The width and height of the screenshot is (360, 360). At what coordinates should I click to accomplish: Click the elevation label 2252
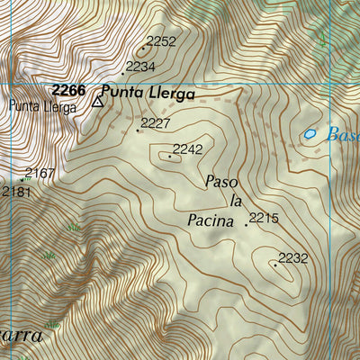click(161, 40)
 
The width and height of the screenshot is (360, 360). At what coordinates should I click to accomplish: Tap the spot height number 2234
click(141, 67)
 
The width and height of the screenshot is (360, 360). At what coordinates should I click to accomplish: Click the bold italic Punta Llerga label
click(147, 92)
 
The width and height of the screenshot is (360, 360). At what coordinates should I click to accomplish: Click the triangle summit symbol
click(97, 103)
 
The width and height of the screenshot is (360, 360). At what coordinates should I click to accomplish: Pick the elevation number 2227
click(157, 123)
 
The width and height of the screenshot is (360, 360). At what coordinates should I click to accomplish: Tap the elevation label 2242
click(188, 148)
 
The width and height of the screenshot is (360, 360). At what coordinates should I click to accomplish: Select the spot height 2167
click(40, 173)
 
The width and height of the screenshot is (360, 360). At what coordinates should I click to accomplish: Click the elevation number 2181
click(15, 191)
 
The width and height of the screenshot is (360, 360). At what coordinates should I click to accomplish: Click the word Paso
click(221, 182)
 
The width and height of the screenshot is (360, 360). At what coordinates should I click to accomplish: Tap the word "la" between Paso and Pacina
click(236, 200)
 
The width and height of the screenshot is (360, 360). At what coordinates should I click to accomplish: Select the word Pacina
click(210, 219)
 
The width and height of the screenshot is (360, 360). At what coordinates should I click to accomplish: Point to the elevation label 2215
click(265, 218)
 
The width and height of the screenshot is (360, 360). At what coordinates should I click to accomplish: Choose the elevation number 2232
click(293, 258)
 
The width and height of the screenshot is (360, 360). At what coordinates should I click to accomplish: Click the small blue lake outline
click(310, 134)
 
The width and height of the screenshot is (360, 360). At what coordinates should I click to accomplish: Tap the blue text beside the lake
click(343, 135)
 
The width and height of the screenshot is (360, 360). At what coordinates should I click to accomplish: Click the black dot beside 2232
click(274, 265)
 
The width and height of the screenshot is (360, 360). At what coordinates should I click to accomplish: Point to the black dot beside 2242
click(169, 157)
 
